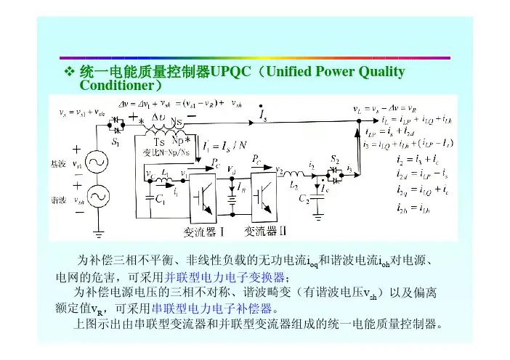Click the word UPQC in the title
click(x=230, y=73)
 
